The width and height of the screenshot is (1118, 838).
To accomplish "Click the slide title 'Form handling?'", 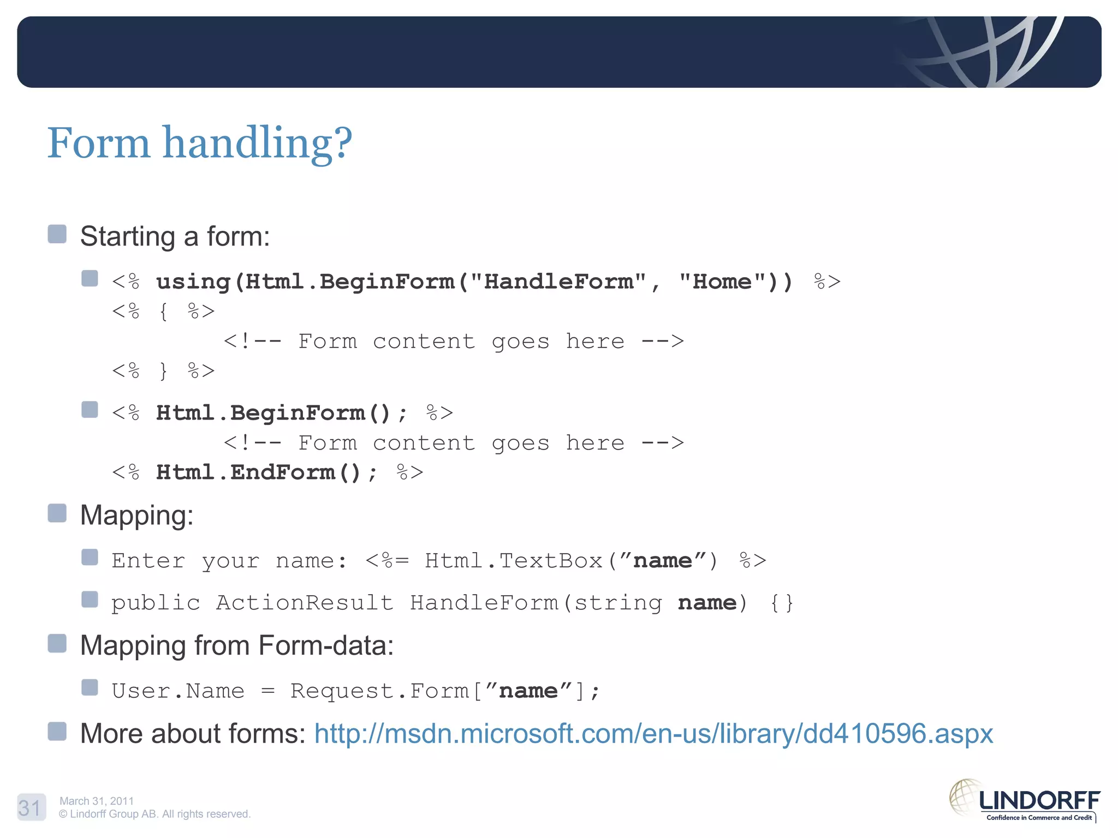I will (x=200, y=143).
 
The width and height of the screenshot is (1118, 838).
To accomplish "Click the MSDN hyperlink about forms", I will (x=653, y=734).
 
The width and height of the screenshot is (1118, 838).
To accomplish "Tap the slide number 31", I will (x=30, y=807).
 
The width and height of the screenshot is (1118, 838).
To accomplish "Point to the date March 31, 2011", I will (x=97, y=801).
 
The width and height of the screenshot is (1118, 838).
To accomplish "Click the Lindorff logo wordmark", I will (x=1039, y=801).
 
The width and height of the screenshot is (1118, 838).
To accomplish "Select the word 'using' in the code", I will (x=193, y=282).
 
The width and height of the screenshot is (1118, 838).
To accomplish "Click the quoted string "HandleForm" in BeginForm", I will (x=558, y=282).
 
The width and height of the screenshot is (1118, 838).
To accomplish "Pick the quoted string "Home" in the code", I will (x=722, y=282).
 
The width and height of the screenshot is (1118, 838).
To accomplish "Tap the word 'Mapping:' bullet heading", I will (x=137, y=515).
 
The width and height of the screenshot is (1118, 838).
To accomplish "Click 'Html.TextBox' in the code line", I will (x=514, y=561).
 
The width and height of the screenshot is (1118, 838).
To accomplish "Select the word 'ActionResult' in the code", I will (x=305, y=603).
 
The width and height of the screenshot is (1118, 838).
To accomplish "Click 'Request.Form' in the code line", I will (x=379, y=691).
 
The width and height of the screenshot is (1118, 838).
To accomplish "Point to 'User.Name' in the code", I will (x=178, y=691).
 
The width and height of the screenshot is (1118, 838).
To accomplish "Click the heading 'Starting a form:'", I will (x=175, y=237).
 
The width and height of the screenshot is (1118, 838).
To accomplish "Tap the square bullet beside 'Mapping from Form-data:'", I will (x=57, y=644).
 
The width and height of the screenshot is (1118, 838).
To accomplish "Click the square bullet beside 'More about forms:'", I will (x=57, y=732).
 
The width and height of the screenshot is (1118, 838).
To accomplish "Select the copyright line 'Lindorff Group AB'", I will (x=154, y=814).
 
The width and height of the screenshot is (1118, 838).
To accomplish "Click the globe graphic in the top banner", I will (x=983, y=52).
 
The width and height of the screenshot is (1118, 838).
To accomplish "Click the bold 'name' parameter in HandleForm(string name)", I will (x=707, y=603).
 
